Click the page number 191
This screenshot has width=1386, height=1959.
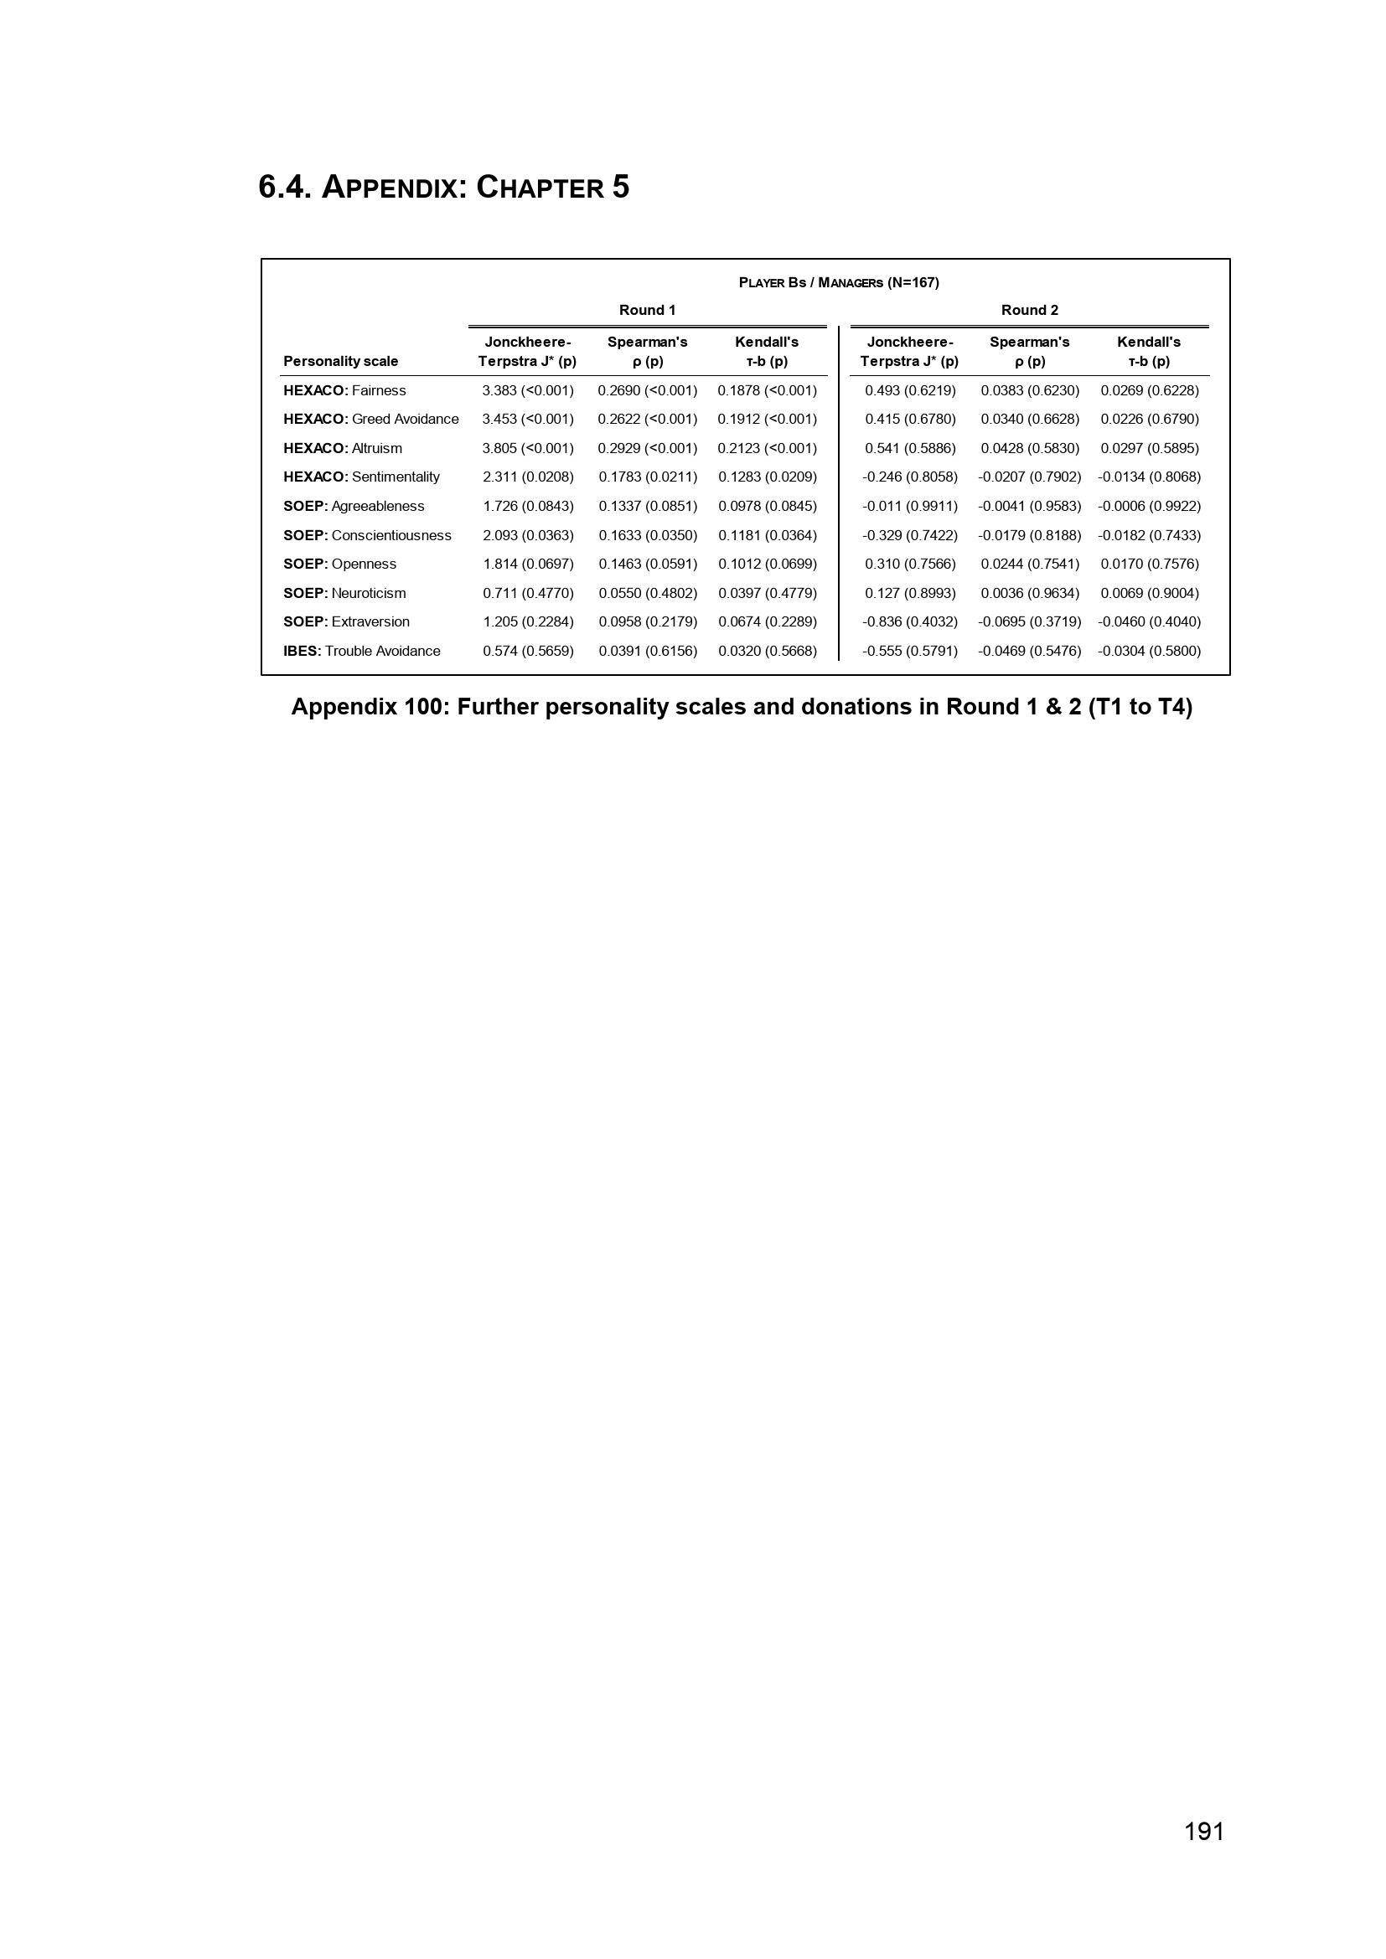point(1203,1831)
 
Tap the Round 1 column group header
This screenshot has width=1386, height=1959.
point(647,310)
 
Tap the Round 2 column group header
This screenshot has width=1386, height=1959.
point(1029,310)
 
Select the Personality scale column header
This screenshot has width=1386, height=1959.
point(340,361)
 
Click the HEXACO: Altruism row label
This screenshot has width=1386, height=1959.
point(342,448)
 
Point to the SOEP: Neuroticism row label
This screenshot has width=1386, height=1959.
point(344,593)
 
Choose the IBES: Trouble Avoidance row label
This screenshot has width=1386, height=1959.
point(362,651)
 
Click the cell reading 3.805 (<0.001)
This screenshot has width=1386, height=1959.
point(527,448)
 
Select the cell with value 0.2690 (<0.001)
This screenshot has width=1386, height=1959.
point(647,390)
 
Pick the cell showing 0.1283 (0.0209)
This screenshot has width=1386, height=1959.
point(767,477)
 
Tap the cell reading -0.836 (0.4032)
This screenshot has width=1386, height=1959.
point(910,622)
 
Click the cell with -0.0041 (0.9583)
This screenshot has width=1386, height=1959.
point(1029,506)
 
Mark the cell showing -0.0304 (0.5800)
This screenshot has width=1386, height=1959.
point(1149,651)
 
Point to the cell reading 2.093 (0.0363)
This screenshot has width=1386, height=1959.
point(527,535)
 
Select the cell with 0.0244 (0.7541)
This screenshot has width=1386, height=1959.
point(1029,564)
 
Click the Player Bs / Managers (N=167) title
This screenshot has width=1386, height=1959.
point(838,282)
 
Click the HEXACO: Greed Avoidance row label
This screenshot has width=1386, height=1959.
point(370,419)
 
